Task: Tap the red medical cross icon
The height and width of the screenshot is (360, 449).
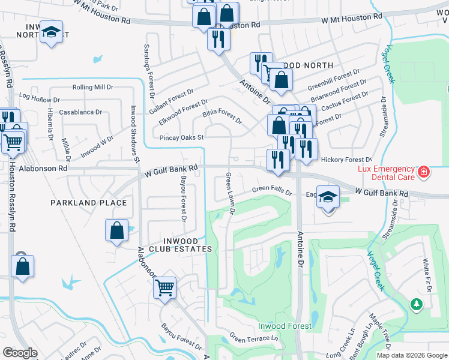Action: [x=424, y=172]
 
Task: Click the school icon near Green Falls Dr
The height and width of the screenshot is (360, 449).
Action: [x=328, y=198]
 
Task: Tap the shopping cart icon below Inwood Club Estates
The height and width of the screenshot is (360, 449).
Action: [x=164, y=287]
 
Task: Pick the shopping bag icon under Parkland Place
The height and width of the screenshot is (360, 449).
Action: [x=116, y=230]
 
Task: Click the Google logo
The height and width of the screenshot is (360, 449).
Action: [x=20, y=353]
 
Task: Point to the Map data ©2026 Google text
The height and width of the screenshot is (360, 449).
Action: [x=412, y=355]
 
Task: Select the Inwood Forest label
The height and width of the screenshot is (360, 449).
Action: [x=285, y=326]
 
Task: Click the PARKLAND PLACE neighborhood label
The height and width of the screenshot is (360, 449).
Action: [x=89, y=203]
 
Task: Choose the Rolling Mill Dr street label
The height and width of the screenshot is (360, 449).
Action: [x=92, y=88]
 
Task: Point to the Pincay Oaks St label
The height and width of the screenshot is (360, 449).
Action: [x=182, y=137]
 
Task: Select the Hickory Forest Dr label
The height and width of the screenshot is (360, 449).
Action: [x=346, y=160]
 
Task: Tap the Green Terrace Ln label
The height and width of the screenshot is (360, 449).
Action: [x=255, y=339]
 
